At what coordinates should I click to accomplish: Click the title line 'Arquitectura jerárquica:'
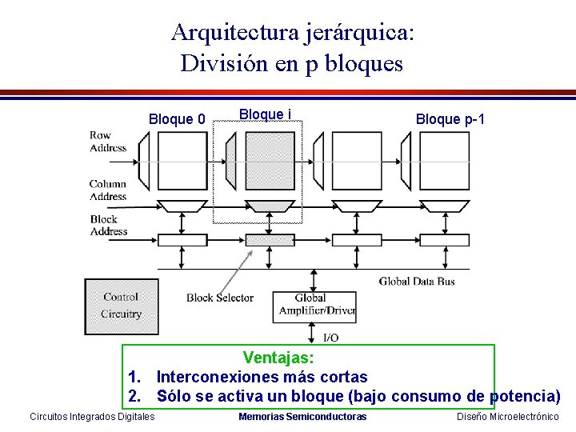click(293, 33)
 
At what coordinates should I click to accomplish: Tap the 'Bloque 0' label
click(177, 120)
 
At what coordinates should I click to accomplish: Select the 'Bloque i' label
click(264, 114)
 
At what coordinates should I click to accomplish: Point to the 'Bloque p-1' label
click(450, 120)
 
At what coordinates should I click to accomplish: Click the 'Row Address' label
click(108, 142)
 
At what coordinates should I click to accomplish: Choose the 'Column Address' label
click(108, 190)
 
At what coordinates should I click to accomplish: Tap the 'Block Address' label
click(109, 225)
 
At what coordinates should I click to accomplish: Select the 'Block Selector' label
click(220, 298)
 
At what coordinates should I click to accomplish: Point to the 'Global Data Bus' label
click(417, 281)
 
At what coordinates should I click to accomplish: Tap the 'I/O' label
click(330, 338)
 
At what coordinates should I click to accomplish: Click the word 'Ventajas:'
click(279, 357)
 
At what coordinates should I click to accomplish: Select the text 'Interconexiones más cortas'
click(262, 377)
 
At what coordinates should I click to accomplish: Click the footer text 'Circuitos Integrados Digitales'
click(92, 417)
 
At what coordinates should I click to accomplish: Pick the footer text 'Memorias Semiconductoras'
click(302, 417)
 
